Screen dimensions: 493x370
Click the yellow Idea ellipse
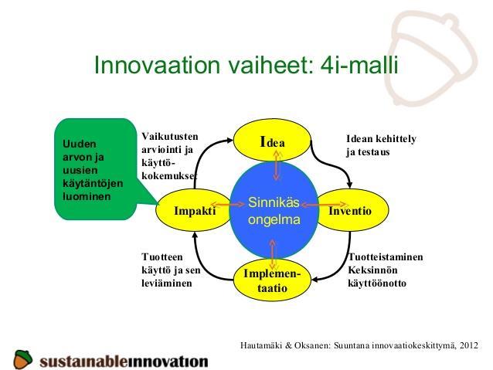tap(272, 141)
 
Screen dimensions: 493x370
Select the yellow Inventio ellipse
tap(353, 210)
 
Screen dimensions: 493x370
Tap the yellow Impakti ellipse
tap(194, 210)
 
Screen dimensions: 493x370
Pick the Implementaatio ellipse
tap(272, 280)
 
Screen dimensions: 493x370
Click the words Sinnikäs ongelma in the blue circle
tap(274, 211)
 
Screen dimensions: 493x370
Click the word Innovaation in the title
tap(157, 65)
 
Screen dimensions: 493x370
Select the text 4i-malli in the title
tap(359, 65)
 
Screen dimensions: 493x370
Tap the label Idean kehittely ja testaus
tap(381, 145)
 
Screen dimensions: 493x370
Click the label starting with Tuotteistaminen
tap(386, 270)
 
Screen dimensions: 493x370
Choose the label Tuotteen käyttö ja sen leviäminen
tap(171, 270)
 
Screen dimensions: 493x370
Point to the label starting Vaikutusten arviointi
tap(170, 156)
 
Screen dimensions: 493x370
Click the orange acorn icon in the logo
tap(22, 359)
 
